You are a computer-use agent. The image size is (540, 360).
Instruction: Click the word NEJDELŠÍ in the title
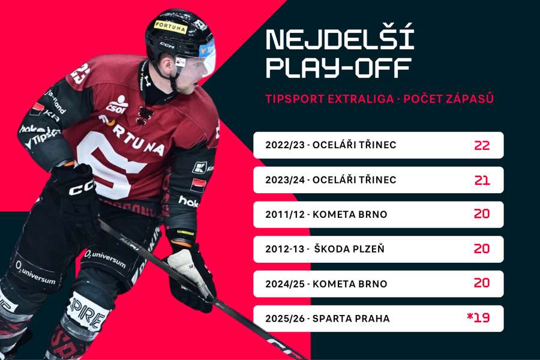click(340, 38)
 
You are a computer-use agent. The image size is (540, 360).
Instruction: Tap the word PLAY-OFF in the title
click(338, 67)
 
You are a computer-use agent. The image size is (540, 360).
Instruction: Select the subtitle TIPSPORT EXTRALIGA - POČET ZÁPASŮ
click(379, 99)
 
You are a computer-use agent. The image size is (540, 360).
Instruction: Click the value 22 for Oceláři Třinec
click(482, 145)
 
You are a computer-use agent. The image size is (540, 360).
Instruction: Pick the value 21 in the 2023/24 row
click(482, 180)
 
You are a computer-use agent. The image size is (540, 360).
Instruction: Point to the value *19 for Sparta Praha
click(478, 318)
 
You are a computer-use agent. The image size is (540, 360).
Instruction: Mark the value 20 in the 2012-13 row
click(482, 249)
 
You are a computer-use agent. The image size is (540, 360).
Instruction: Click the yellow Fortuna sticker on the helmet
click(170, 26)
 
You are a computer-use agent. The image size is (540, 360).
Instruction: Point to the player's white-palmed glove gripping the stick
click(191, 267)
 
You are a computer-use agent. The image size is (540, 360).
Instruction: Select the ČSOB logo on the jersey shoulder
click(118, 104)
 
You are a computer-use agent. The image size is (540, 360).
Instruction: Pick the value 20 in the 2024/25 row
click(482, 284)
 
